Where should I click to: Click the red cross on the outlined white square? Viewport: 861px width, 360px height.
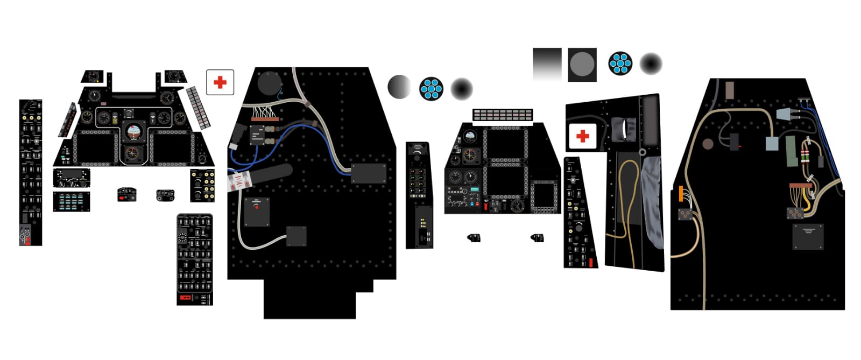point(220,82)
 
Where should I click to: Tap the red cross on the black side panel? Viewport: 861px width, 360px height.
point(582,136)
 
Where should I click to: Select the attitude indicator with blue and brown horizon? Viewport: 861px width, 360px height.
point(133,131)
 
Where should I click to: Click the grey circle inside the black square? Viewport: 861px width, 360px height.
point(582,65)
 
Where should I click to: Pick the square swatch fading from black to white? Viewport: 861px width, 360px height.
point(547,64)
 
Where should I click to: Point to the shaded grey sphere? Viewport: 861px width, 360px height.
point(399,87)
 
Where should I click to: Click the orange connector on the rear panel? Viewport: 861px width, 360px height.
point(681,194)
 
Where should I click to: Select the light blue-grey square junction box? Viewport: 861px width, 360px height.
point(772,143)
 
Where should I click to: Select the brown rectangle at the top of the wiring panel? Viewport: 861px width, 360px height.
point(730,90)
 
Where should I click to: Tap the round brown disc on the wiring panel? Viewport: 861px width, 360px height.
point(708,144)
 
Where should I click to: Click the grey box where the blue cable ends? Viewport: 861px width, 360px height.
point(369,173)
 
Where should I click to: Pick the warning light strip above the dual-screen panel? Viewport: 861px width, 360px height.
point(502,115)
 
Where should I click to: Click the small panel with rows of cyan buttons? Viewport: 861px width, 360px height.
point(72,201)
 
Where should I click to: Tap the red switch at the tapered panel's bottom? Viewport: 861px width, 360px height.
point(590,263)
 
